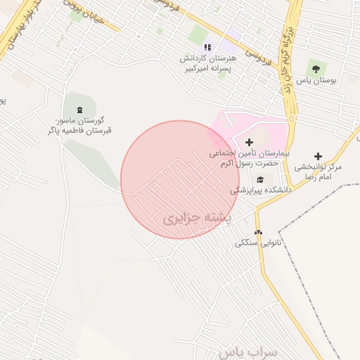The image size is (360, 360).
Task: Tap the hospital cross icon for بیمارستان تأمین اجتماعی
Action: (x=249, y=142)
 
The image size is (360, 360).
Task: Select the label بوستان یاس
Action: (x=317, y=82)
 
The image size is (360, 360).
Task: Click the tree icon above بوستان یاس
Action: (x=314, y=68)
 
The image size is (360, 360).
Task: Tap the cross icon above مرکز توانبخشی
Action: (x=318, y=155)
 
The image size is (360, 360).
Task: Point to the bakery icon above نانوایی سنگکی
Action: (x=258, y=231)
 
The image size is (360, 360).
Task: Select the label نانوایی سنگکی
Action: (x=259, y=244)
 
